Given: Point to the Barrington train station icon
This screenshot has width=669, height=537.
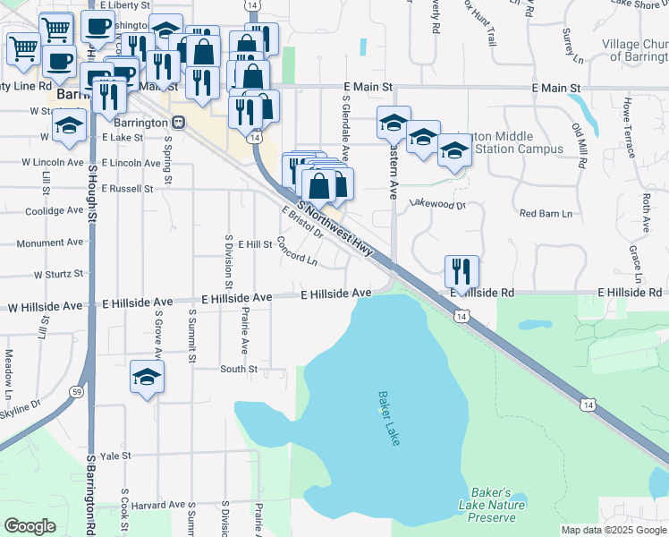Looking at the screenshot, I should click(x=179, y=122).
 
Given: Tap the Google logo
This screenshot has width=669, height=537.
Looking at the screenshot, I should click(x=30, y=525).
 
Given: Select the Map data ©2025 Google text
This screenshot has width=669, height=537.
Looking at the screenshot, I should click(x=613, y=530).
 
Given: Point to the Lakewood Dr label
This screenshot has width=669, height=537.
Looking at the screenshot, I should click(x=437, y=204).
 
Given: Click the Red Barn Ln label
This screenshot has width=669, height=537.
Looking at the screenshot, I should click(x=546, y=213).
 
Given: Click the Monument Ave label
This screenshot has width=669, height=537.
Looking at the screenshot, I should click(x=49, y=243).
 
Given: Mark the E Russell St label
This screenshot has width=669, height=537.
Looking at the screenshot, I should click(x=127, y=189).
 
